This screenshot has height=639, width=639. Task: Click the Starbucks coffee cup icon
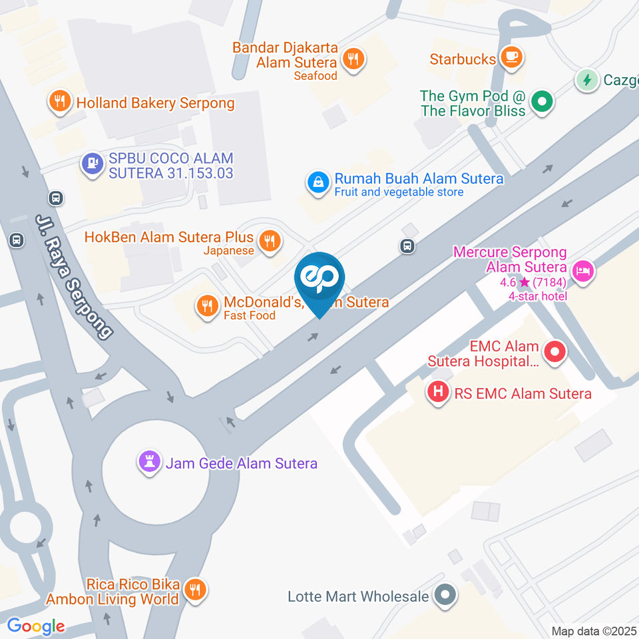click(511, 58)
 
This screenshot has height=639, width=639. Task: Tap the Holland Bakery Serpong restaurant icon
click(60, 102)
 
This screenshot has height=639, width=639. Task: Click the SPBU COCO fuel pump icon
click(92, 162)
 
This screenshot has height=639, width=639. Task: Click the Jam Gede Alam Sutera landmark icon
click(148, 463)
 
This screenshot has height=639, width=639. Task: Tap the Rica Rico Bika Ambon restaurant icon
click(195, 590)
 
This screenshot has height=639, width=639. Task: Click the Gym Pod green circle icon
click(542, 103)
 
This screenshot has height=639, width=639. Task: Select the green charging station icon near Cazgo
click(586, 81)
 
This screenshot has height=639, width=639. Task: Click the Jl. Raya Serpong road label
click(74, 277)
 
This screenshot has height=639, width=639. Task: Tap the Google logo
click(36, 626)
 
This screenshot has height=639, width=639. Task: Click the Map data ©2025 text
click(594, 630)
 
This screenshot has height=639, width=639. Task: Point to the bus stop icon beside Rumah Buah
click(407, 246)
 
